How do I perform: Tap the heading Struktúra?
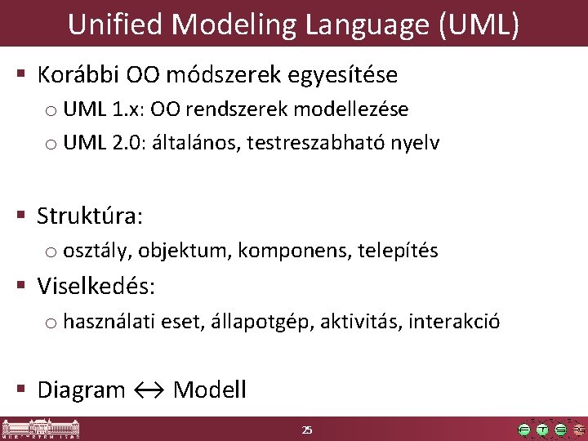pos(90,216)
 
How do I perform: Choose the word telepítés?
pos(398,251)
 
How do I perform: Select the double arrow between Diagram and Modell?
pos(149,390)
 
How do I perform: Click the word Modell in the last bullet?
pos(210,390)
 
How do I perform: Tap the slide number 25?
pos(307,430)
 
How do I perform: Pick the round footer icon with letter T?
pos(541,430)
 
